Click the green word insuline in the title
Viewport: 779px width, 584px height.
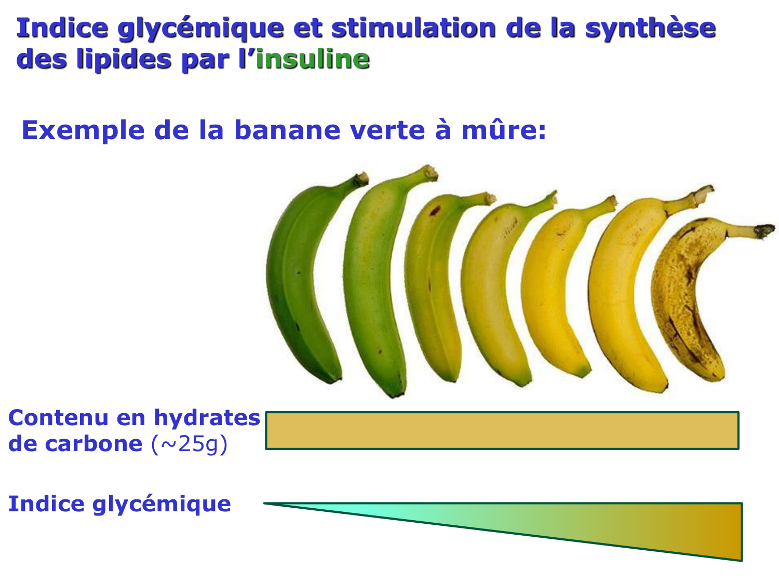tap(313, 59)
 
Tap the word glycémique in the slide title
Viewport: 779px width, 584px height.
tap(200, 29)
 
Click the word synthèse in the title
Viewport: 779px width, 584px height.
tap(650, 28)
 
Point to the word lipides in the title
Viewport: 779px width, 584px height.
tap(124, 59)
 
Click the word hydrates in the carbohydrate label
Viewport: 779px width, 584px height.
tap(207, 417)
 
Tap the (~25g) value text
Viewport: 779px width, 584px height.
tap(190, 444)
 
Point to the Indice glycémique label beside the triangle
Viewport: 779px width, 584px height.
tap(119, 504)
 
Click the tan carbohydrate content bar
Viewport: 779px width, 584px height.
tap(502, 430)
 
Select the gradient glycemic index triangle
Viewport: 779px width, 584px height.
tap(623, 524)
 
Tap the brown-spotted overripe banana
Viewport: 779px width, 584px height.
tap(686, 301)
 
